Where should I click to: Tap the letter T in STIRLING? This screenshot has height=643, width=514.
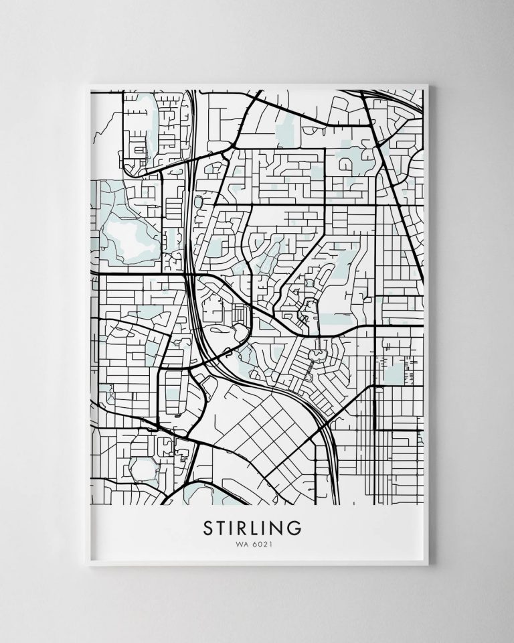click(222, 528)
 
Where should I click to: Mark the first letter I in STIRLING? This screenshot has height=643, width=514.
click(234, 528)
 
